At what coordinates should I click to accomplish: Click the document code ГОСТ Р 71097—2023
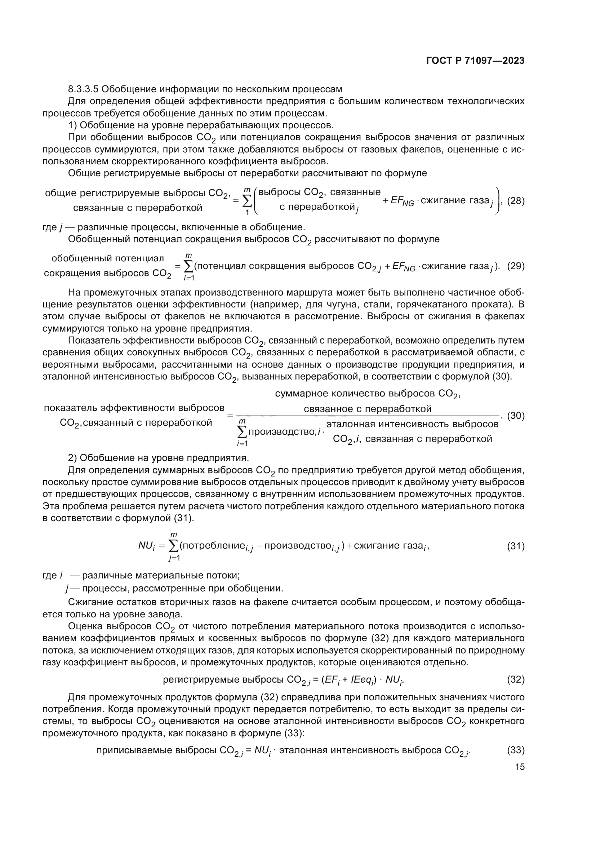[475, 61]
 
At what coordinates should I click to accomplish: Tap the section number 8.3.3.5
[83, 89]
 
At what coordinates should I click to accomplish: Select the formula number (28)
[516, 201]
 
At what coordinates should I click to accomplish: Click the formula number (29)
[516, 266]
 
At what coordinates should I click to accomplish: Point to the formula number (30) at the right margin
[516, 416]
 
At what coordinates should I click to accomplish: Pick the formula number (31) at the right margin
[516, 546]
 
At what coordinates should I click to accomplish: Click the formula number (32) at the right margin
[516, 680]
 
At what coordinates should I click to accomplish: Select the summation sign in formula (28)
[247, 201]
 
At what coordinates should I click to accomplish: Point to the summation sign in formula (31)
[174, 546]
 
